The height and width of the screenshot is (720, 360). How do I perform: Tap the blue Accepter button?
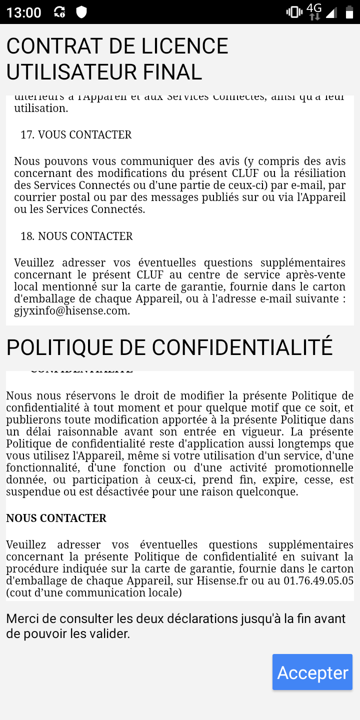pos(312,672)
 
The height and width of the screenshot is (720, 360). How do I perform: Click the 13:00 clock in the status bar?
pos(24,12)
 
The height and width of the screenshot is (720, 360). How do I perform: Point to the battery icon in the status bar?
pos(348,12)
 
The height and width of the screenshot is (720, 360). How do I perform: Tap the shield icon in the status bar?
pos(81,12)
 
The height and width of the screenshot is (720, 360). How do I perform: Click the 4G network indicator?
pos(314,11)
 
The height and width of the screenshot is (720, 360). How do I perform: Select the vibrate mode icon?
pos(293,12)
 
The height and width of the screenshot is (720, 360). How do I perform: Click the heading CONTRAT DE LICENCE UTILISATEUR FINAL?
pos(117,59)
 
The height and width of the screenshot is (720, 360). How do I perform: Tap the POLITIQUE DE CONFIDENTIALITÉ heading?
pos(169,347)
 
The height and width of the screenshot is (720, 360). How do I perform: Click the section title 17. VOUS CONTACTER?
pos(76,134)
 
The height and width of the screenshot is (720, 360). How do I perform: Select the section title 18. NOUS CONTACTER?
pos(76,236)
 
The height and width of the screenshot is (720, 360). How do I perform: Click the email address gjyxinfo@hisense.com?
pos(72,310)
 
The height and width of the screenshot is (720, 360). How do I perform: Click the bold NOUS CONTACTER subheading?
pos(56,518)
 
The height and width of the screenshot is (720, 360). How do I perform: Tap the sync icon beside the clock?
pos(59,12)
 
